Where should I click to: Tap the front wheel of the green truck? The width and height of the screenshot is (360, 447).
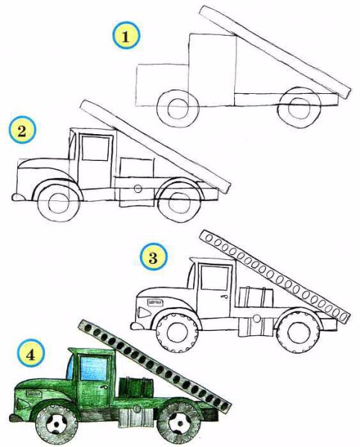(x=57, y=424)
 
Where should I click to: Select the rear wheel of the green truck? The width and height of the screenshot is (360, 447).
(x=179, y=422)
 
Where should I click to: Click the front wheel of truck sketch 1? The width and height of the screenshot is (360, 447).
(x=177, y=108)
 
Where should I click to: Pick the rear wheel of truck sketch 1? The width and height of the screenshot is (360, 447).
(x=299, y=107)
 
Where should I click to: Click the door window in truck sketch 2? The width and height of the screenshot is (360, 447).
(x=95, y=148)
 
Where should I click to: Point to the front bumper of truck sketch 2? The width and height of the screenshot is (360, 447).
(x=18, y=197)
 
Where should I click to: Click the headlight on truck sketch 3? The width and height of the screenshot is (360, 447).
(x=144, y=312)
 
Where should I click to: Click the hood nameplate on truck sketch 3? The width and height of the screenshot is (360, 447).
(x=155, y=302)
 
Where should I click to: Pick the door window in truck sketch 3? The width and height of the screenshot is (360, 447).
(x=215, y=277)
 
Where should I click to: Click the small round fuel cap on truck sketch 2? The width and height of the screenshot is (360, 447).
(x=138, y=188)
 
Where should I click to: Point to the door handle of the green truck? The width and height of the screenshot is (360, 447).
(x=102, y=387)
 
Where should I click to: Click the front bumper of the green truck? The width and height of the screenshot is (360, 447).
(x=16, y=418)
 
